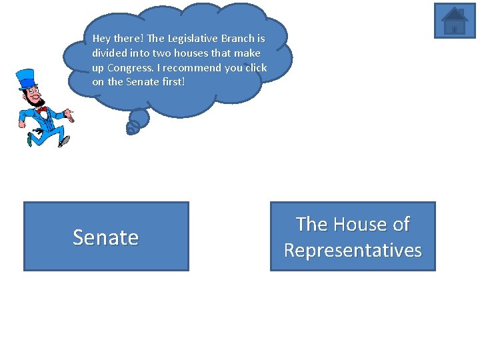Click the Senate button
[x=106, y=237]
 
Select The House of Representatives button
[x=353, y=237]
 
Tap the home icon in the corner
[x=455, y=21]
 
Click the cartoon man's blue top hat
[x=27, y=79]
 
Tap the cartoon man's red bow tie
[x=43, y=109]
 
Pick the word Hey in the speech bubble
[x=102, y=39]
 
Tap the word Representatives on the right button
[x=353, y=251]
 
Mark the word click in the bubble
[x=255, y=68]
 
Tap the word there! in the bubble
[x=131, y=39]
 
